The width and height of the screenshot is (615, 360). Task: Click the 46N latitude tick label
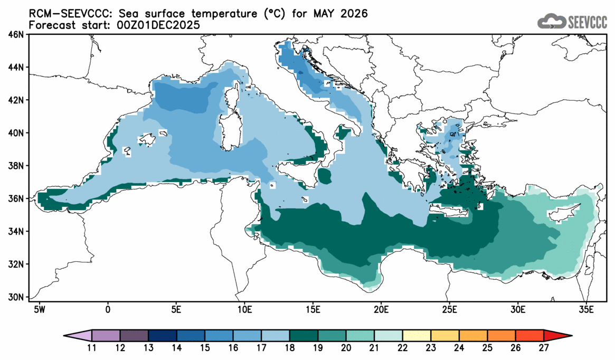[x=17, y=35]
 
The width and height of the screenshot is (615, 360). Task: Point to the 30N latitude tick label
[x=17, y=297]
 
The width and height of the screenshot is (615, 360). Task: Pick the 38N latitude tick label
[x=17, y=166]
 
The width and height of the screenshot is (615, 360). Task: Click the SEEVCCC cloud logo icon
[x=551, y=22]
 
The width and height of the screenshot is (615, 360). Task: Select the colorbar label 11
[x=92, y=348]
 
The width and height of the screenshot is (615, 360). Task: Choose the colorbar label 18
[x=290, y=348]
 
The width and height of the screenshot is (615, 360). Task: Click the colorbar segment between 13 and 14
[x=163, y=335]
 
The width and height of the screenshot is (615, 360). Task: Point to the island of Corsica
[x=230, y=99]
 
